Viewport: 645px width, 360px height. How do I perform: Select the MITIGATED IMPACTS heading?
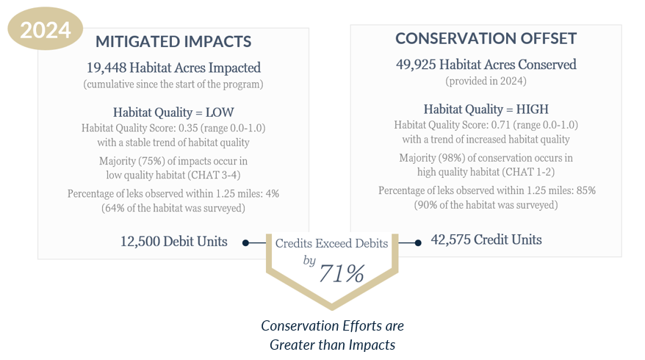pyautogui.click(x=173, y=41)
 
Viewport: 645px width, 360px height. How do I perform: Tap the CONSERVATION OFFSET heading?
pyautogui.click(x=486, y=38)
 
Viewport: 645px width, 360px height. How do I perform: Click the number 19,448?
pyautogui.click(x=104, y=68)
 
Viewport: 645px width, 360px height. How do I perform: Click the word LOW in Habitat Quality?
pyautogui.click(x=219, y=112)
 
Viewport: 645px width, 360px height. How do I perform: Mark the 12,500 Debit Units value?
pyautogui.click(x=173, y=242)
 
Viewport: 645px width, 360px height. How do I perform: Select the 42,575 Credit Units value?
pyautogui.click(x=486, y=240)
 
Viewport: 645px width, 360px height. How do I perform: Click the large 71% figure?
pyautogui.click(x=341, y=273)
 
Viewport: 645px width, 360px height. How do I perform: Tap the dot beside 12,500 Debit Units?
pyautogui.click(x=245, y=242)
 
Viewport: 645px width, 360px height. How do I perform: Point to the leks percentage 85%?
pyautogui.click(x=585, y=190)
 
